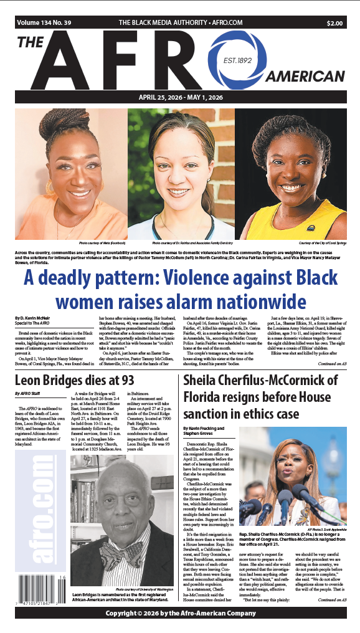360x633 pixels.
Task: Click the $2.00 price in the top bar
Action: (334, 23)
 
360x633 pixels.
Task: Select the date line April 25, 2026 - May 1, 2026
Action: (180, 97)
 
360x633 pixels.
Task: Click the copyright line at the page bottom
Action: (180, 613)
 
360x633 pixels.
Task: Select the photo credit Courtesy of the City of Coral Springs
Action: (320, 242)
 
